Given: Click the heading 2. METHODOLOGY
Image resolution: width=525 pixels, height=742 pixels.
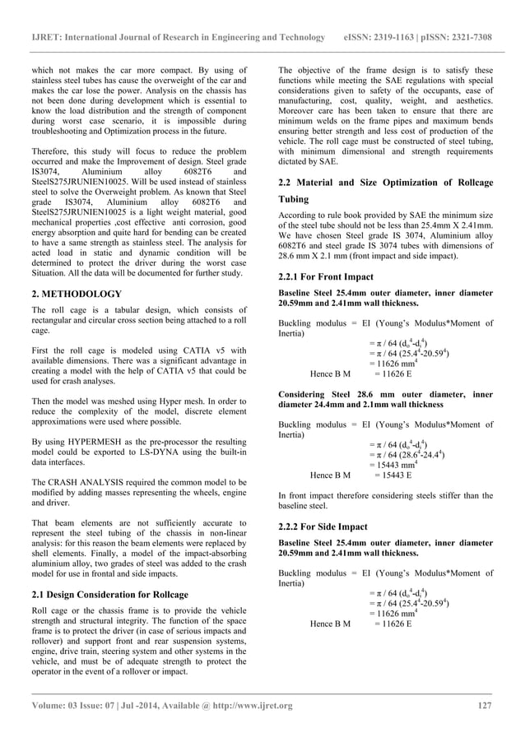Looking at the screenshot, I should (x=76, y=294).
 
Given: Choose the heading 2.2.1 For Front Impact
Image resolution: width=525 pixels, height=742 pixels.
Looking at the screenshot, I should (x=327, y=277).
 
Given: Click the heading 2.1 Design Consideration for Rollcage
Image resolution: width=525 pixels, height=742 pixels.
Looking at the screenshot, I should (x=109, y=594).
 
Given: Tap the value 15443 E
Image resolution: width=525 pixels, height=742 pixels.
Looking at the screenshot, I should (x=393, y=475).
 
